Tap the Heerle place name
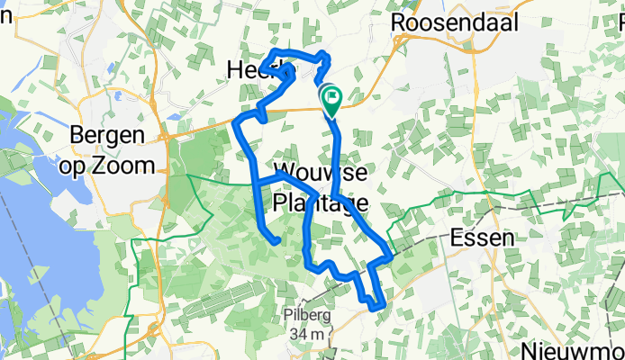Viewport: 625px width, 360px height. click(262, 69)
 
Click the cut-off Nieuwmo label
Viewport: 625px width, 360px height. click(575, 349)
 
